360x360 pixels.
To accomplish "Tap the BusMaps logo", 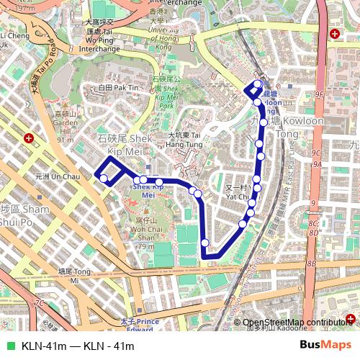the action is (x=325, y=346).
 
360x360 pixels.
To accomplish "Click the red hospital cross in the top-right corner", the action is (x=335, y=34).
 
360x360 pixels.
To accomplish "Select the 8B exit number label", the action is (x=311, y=264).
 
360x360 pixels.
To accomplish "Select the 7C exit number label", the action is (x=40, y=303).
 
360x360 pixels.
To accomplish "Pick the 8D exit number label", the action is (x=312, y=233).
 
